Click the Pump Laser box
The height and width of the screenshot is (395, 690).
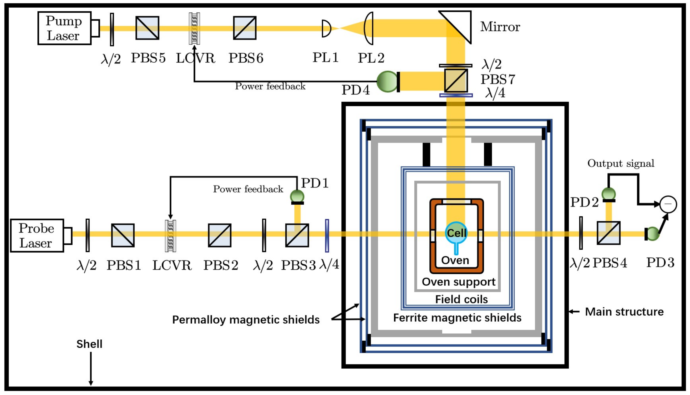point(64,28)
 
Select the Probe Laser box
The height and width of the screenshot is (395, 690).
point(37,235)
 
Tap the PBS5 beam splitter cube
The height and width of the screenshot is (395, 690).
point(147,28)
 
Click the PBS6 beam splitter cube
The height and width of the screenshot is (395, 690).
point(245,28)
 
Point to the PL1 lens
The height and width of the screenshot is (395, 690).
point(326,28)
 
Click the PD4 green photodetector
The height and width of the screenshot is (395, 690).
point(387,82)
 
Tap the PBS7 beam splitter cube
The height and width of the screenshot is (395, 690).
point(456,81)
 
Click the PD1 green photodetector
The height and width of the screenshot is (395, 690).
point(297,196)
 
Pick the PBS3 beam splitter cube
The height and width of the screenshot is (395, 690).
point(297,235)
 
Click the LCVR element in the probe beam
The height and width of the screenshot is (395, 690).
point(170,235)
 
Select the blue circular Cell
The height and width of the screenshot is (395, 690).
point(456,233)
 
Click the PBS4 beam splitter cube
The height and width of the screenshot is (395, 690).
point(608,233)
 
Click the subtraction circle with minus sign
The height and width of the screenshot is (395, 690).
point(668,204)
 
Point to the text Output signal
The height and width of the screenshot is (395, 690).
point(621,163)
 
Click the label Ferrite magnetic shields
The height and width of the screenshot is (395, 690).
point(457,318)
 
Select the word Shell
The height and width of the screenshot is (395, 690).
point(89,344)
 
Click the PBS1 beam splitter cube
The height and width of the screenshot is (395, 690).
point(123,235)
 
